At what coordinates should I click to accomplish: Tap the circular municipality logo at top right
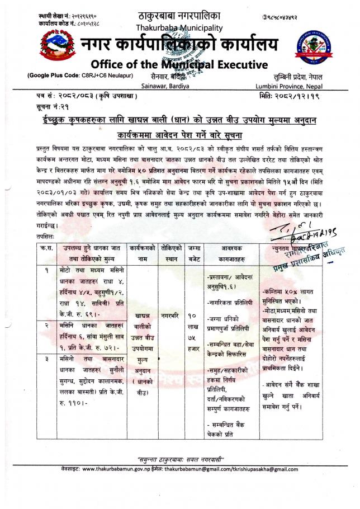click(x=314, y=47)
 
